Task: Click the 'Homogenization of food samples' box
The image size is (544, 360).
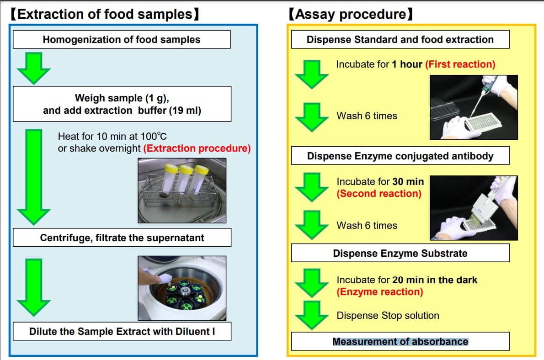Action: pos(121,40)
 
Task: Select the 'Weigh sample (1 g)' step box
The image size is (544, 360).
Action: pos(122,104)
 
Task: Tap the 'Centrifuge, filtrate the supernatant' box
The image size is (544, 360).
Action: pos(122,238)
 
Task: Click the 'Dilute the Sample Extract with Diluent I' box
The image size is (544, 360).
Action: pos(122,331)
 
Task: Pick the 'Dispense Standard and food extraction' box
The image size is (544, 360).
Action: pos(400,39)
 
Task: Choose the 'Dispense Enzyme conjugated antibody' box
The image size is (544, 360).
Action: pos(400,156)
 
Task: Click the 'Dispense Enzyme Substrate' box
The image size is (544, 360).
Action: pos(400,253)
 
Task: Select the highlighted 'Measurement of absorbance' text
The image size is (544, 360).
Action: pos(400,341)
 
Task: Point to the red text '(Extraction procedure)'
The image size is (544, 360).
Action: pos(197,148)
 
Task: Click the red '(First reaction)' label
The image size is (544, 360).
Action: pos(460,64)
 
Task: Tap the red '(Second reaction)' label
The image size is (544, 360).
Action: pos(379,193)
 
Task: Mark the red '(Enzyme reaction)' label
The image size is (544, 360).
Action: pos(380,291)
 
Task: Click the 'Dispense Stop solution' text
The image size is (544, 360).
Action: pos(388,315)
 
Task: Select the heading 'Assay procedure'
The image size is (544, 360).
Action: pos(351,14)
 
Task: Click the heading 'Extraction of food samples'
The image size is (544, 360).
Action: pos(104,14)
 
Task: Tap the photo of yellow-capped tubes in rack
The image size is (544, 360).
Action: pos(182,190)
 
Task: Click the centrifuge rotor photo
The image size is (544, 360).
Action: pos(182,288)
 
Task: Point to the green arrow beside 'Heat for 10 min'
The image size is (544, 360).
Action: pos(33,176)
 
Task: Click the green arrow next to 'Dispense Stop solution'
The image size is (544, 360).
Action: pos(312,316)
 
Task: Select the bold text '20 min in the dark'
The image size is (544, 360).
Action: pos(434,280)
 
